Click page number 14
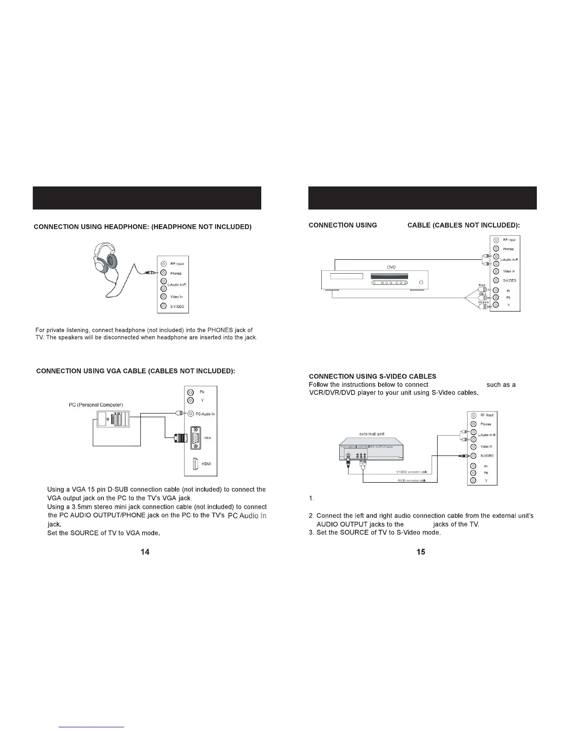pyautogui.click(x=145, y=552)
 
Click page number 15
pyautogui.click(x=421, y=552)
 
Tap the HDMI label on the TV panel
pyautogui.click(x=206, y=464)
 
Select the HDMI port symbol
pyautogui.click(x=195, y=464)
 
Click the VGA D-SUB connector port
pyautogui.click(x=195, y=437)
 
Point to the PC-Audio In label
pyautogui.click(x=205, y=414)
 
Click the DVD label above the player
pyautogui.click(x=391, y=267)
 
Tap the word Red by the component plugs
pyautogui.click(x=481, y=285)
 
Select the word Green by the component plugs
pyautogui.click(x=483, y=302)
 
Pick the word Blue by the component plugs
pyautogui.click(x=482, y=294)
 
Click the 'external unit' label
pyautogui.click(x=372, y=434)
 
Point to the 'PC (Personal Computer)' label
pyautogui.click(x=96, y=405)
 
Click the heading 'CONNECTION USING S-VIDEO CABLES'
pyautogui.click(x=373, y=377)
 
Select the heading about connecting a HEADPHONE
pyautogui.click(x=143, y=227)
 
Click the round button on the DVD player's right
pyautogui.click(x=421, y=282)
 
